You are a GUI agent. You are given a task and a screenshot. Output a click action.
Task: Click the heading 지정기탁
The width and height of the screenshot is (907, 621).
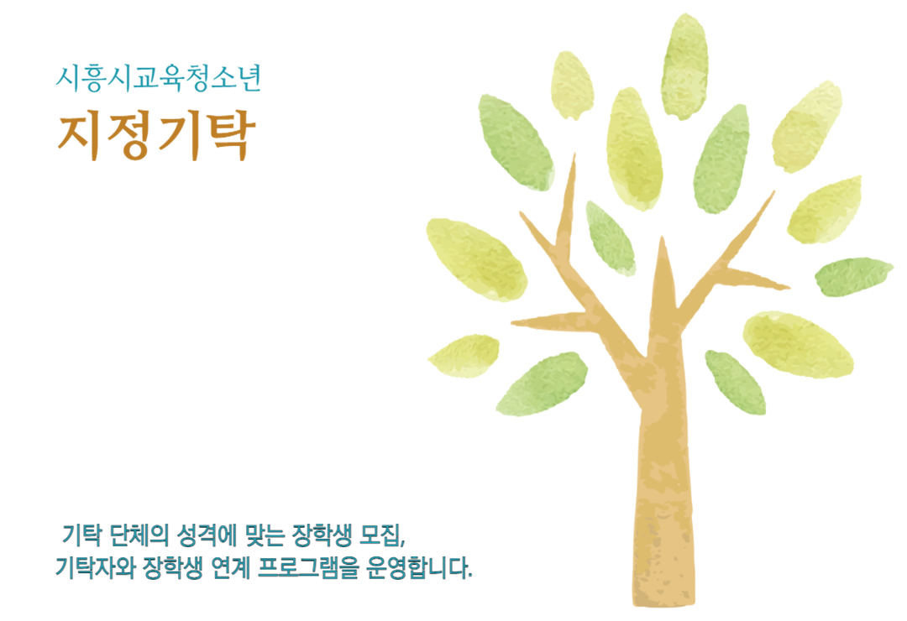pyautogui.click(x=156, y=135)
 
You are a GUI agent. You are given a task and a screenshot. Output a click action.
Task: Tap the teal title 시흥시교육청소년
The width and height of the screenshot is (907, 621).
pyautogui.click(x=159, y=78)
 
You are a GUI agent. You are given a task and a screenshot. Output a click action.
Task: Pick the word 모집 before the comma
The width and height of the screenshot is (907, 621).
pyautogui.click(x=379, y=535)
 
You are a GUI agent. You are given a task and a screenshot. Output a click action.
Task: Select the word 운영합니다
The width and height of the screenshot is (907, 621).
pyautogui.click(x=417, y=568)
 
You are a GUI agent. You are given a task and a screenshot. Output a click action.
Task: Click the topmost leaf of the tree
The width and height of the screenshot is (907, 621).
pyautogui.click(x=684, y=66)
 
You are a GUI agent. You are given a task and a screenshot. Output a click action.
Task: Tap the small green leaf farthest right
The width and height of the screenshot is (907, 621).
pyautogui.click(x=854, y=276)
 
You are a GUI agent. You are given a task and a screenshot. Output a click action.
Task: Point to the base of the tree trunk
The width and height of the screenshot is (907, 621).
pyautogui.click(x=663, y=598)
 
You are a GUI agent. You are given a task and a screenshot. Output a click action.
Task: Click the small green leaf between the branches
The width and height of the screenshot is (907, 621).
pyautogui.click(x=610, y=237)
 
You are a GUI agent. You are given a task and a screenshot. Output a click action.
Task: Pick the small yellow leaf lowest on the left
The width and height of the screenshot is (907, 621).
pyautogui.click(x=464, y=356)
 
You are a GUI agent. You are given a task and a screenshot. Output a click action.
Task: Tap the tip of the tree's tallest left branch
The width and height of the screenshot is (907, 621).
pyautogui.click(x=574, y=154)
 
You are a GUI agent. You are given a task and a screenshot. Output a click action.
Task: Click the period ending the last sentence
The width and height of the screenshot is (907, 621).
pyautogui.click(x=470, y=576)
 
